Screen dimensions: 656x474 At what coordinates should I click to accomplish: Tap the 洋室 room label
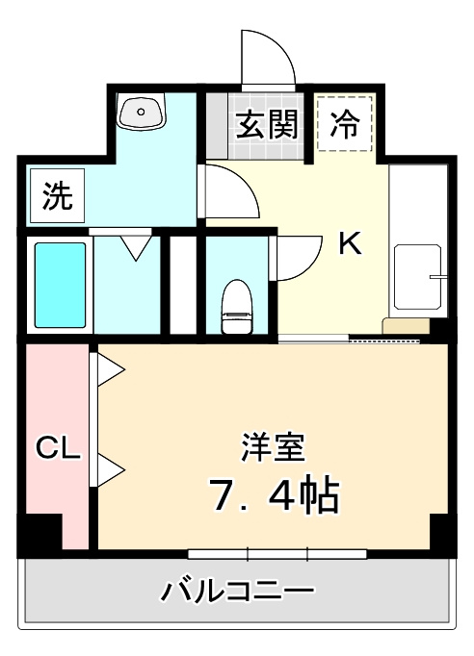coord(273,447)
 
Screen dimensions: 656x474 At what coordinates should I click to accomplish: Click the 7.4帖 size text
coord(273,493)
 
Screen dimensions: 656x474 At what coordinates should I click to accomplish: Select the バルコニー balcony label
coord(237,588)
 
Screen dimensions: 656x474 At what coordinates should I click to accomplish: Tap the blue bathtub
coord(61,284)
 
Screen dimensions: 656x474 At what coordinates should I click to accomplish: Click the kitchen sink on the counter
coord(419,278)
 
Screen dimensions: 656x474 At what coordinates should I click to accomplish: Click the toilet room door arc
coord(297,257)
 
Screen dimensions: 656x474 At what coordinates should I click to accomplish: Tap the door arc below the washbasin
coord(229,192)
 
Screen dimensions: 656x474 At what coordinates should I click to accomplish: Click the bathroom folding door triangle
coord(133,246)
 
